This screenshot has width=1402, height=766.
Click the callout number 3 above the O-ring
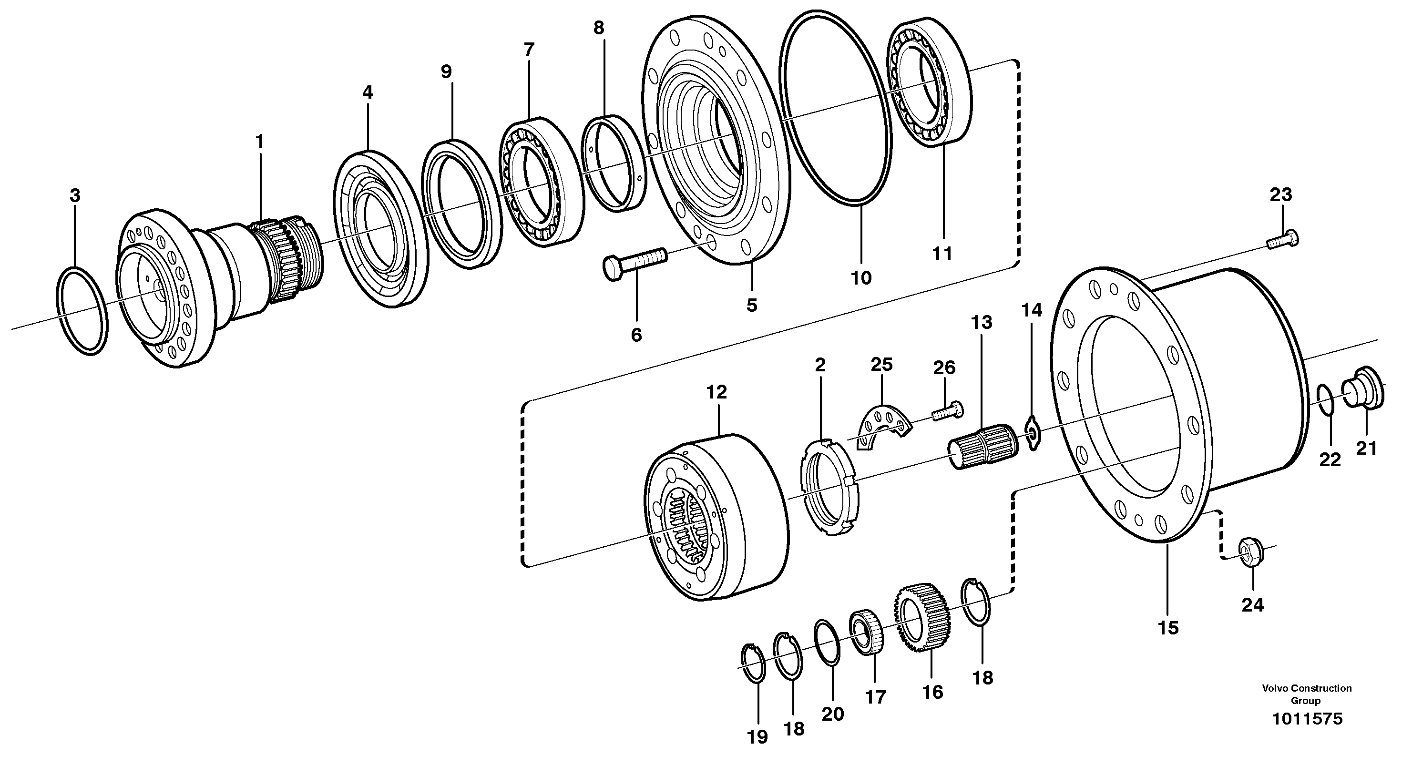[x=75, y=196]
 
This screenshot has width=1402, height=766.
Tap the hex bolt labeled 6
[x=634, y=263]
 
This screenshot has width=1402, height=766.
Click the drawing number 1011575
[x=1307, y=719]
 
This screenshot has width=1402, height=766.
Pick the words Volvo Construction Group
[x=1307, y=694]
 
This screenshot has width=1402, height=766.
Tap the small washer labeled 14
[x=1032, y=434]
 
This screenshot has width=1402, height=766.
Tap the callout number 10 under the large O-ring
[x=861, y=278]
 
